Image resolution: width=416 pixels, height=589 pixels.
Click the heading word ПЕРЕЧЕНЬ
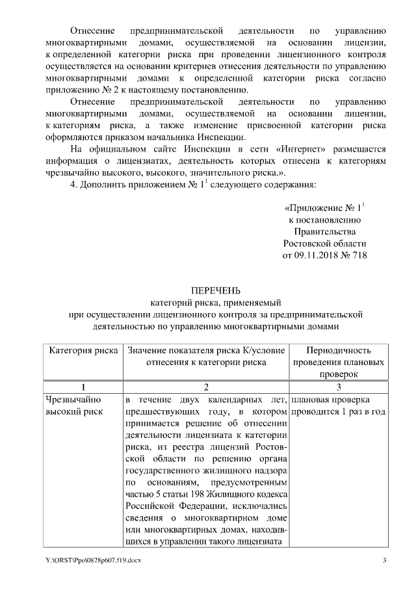[208, 290]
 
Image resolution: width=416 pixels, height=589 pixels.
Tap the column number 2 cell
[205, 387]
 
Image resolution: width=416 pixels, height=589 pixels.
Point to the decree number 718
[359, 256]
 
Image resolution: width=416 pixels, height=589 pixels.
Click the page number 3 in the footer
[384, 561]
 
